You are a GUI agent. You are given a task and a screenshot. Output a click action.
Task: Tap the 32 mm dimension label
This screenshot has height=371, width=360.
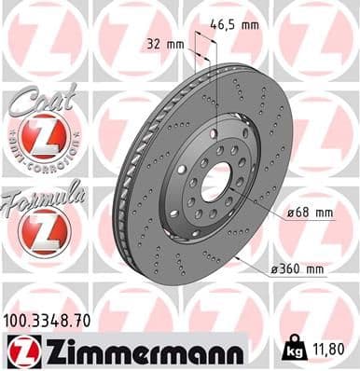[x=165, y=44]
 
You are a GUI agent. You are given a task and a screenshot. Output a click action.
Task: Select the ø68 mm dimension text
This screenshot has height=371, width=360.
[x=310, y=213]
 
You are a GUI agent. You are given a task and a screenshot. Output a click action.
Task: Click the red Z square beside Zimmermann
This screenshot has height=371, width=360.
[x=19, y=351]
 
